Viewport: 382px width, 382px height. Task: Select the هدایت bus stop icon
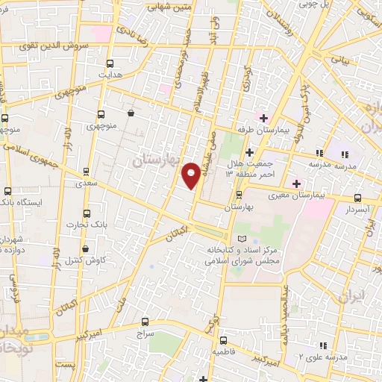[x=110, y=64]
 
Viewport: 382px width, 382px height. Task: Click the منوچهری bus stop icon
[x=101, y=115]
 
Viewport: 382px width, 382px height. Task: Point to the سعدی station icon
[x=87, y=171]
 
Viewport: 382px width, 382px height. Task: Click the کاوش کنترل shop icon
[x=86, y=248]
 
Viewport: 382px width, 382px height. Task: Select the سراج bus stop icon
[x=144, y=323]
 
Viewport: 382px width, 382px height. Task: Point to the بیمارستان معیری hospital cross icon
[x=296, y=184]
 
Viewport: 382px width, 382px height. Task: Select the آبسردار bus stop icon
[x=357, y=198]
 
